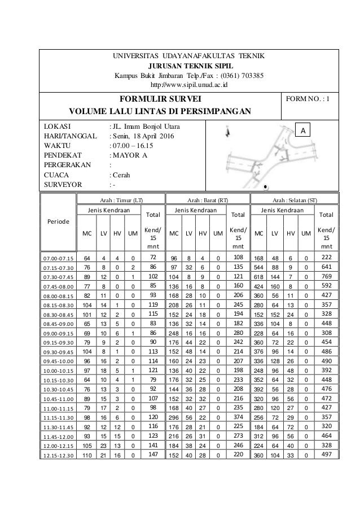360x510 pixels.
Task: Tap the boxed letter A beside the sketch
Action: (x=305, y=131)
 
